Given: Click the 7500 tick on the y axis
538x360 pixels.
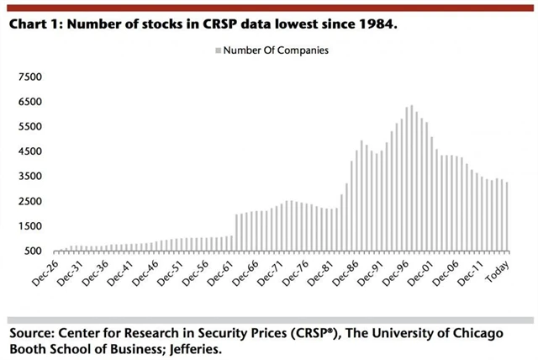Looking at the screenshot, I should coord(29,77).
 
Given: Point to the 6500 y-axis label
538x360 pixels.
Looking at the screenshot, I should coord(29,102).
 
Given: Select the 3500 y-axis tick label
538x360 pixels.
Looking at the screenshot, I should coord(29,176).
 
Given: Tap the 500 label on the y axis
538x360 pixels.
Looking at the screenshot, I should coord(34,251).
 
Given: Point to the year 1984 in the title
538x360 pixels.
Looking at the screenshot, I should coord(377,24).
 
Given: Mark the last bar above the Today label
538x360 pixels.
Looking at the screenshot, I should coord(507,216).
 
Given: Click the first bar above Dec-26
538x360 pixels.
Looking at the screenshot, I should coord(55,250).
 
